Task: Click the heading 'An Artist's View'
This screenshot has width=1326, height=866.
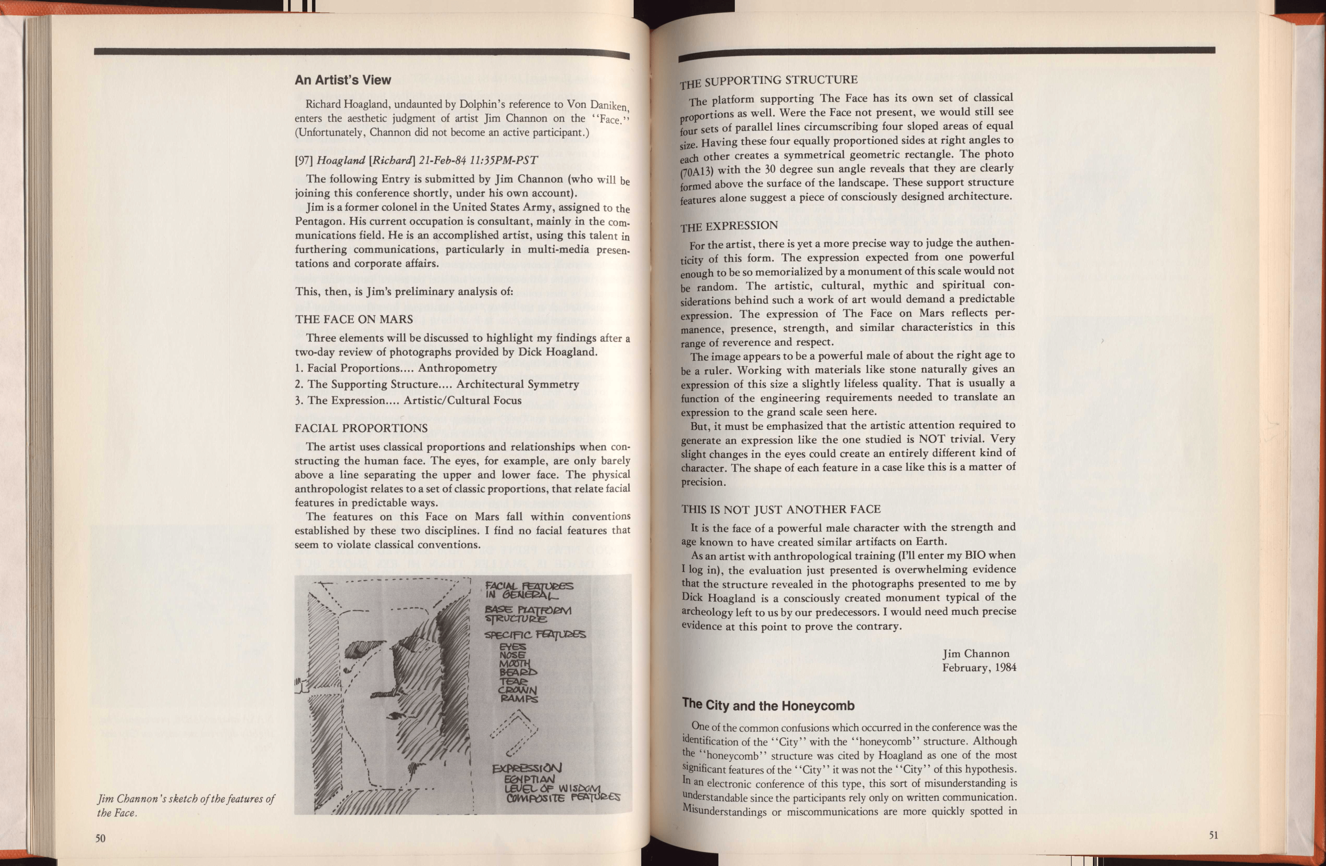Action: coord(343,80)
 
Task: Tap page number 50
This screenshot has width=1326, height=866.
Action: coord(100,838)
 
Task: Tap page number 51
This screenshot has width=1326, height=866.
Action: coord(1213,835)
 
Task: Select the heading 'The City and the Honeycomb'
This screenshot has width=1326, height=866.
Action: coord(768,705)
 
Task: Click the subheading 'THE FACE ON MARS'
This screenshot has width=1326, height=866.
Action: coord(354,319)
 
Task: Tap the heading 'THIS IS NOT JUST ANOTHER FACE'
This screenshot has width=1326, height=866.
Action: coord(781,509)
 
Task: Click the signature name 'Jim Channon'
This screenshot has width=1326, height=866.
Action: coord(976,653)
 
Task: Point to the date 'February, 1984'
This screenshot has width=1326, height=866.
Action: coord(979,667)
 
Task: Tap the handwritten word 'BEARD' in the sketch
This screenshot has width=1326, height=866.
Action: coord(518,672)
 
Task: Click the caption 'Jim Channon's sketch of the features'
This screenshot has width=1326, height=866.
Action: coord(186,799)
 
